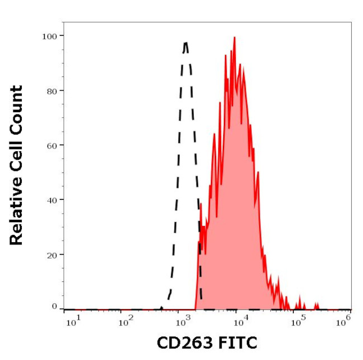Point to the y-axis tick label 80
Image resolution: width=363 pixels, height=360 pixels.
tap(51, 90)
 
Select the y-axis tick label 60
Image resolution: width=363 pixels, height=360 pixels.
tap(51, 145)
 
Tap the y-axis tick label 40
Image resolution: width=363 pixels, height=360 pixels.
tap(51, 200)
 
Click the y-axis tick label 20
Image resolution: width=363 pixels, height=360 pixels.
tap(51, 255)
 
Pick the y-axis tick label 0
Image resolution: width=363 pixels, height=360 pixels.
tap(54, 306)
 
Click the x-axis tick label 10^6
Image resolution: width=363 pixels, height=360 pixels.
tap(345, 319)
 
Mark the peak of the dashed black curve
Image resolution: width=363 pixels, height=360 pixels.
tap(185, 42)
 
